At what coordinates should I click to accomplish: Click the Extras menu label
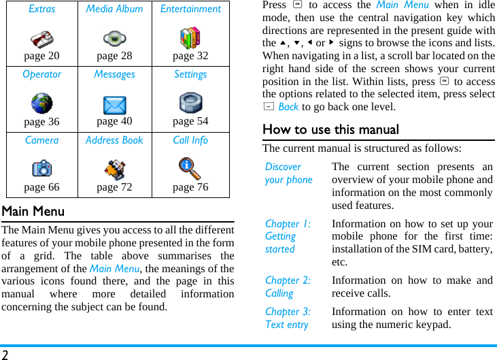point(42,10)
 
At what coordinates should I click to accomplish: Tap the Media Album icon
point(114,39)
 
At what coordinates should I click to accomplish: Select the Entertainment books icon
point(190,38)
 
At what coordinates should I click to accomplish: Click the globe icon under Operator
point(41,104)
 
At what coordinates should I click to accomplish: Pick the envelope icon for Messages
point(114,105)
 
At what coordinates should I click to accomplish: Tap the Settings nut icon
point(190,103)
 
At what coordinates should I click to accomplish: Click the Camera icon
point(41,168)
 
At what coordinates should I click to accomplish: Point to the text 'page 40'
point(114,121)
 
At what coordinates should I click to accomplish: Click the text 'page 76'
point(190,187)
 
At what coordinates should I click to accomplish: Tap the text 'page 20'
point(41,56)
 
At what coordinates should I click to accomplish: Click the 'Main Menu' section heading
point(33,212)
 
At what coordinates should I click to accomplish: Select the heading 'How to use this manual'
point(330,129)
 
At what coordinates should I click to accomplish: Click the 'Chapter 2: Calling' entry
point(288,287)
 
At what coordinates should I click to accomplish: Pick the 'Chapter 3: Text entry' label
point(288,318)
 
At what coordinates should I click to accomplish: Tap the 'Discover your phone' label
point(288,173)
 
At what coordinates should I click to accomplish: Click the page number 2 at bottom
point(5,354)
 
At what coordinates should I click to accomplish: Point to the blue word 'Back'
point(288,107)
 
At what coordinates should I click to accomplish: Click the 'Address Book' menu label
point(114,140)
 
